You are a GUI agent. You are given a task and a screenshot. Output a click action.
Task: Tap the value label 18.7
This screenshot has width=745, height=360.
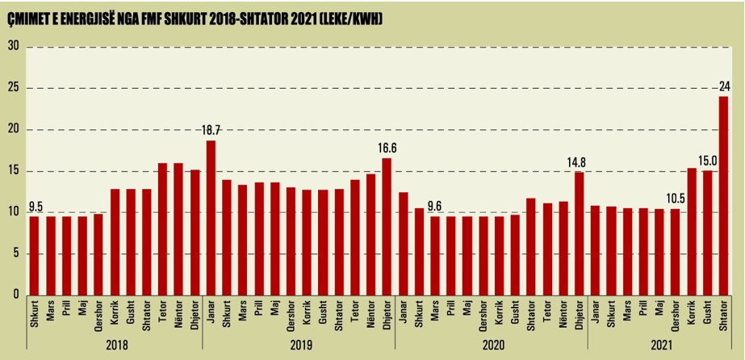click(211, 131)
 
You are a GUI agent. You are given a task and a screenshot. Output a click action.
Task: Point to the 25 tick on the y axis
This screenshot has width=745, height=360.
click(13, 88)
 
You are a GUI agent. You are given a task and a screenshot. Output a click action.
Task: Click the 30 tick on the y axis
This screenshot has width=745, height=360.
click(13, 46)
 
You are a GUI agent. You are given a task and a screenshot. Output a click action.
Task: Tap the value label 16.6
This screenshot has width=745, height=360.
click(387, 148)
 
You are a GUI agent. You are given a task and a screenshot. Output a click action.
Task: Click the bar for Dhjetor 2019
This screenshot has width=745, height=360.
click(387, 227)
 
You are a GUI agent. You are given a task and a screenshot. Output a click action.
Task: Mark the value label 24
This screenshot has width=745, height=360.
click(724, 86)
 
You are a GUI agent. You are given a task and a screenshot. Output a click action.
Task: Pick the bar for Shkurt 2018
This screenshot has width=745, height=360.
click(34, 255)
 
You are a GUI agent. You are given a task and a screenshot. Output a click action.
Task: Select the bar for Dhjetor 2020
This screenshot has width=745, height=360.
click(579, 234)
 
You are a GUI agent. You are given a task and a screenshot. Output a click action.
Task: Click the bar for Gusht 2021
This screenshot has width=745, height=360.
click(707, 232)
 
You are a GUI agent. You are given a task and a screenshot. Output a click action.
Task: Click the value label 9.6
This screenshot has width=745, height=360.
click(435, 206)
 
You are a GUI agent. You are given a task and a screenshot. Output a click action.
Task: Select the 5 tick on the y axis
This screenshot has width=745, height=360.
click(15, 254)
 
